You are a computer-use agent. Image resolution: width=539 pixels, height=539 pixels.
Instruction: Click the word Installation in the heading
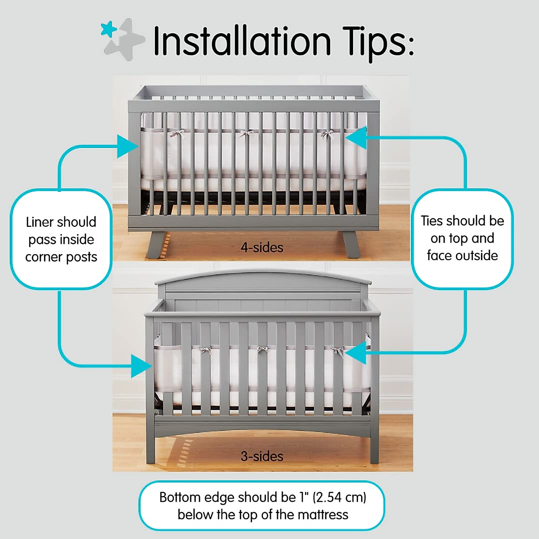242,41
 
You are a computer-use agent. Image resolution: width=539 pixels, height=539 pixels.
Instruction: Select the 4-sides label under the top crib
262,247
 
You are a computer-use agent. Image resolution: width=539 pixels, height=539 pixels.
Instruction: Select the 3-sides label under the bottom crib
262,456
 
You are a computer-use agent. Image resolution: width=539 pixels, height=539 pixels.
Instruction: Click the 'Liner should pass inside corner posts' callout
61,239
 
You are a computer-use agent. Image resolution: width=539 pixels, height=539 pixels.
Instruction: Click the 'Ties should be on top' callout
462,238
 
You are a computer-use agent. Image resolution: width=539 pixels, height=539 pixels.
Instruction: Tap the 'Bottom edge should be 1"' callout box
262,506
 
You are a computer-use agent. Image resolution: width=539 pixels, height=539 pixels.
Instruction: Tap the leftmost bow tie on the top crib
177,133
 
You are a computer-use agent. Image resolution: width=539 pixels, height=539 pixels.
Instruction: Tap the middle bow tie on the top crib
246,133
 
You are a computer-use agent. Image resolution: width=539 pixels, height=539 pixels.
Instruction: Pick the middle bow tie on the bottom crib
262,350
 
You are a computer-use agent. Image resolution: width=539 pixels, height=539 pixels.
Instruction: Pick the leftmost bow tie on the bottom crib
206,350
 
